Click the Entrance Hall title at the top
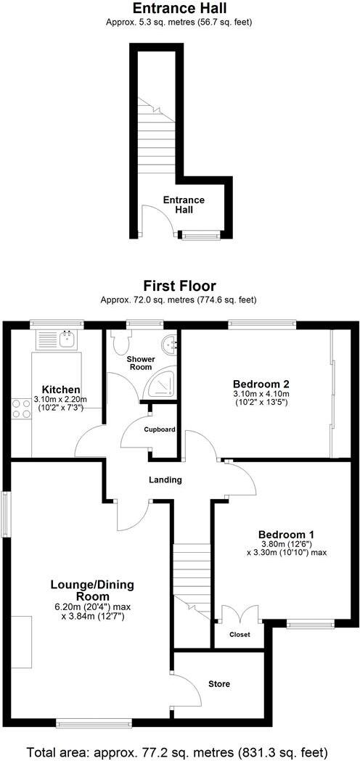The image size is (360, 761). pos(179,9)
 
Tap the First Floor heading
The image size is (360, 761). pos(179,286)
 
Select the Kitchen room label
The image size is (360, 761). pos(60,390)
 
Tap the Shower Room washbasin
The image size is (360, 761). pos(171,345)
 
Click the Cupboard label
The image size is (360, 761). pos(159,429)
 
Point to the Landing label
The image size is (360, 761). pos(166,480)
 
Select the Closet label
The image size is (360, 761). pos(240,634)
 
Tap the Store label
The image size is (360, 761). pos(218,683)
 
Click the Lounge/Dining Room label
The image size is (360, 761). pos(91,590)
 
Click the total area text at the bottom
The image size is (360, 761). pos(179,750)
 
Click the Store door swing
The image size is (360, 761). pos(187,689)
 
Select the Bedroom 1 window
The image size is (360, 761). pos(311,622)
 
